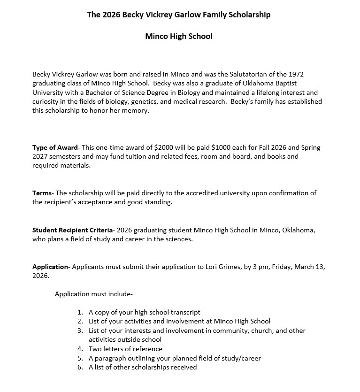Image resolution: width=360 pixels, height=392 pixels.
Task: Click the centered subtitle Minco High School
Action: [x=179, y=36]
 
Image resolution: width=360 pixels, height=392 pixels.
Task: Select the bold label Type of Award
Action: [x=55, y=147]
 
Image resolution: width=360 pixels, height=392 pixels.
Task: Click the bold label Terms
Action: [x=42, y=193]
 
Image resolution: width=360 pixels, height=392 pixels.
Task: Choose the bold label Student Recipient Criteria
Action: [x=72, y=230]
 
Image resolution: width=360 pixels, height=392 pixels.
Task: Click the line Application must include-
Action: [x=94, y=294]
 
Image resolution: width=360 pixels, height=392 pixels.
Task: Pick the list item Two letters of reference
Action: [x=125, y=349]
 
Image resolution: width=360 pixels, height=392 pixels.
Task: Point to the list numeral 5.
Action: [x=80, y=358]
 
